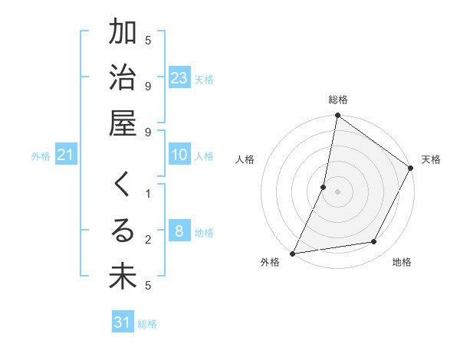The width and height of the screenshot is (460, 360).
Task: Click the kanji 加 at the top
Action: tap(123, 33)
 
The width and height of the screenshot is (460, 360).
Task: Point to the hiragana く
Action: tap(123, 186)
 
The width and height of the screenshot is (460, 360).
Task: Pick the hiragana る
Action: tap(123, 231)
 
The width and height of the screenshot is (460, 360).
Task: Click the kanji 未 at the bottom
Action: tap(123, 277)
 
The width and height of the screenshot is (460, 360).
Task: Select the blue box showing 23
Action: tap(179, 77)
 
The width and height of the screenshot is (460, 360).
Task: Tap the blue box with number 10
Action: tap(179, 155)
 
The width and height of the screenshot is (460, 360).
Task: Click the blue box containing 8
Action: tap(179, 231)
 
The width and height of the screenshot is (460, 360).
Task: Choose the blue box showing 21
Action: tap(66, 155)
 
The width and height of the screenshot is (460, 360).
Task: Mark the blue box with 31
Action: tap(123, 322)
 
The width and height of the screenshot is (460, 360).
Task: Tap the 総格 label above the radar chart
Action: tap(338, 100)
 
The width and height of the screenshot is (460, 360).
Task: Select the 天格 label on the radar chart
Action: tap(431, 159)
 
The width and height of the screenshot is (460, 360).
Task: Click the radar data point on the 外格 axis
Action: tap(292, 254)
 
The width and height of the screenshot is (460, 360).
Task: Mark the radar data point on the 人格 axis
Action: tap(324, 187)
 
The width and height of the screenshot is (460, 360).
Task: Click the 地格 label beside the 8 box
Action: tap(205, 232)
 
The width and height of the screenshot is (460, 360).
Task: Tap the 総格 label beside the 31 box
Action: tap(147, 324)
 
